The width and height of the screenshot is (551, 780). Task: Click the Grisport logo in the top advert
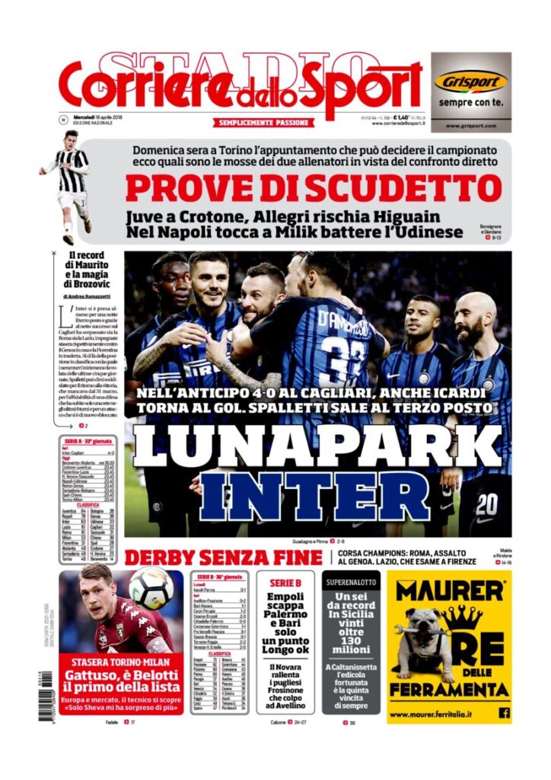(470, 81)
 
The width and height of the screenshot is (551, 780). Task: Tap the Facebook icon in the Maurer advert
(504, 713)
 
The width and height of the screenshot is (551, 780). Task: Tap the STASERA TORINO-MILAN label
(120, 662)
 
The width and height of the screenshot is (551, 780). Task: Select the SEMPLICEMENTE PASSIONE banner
(263, 123)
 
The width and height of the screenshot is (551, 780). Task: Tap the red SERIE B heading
(285, 583)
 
